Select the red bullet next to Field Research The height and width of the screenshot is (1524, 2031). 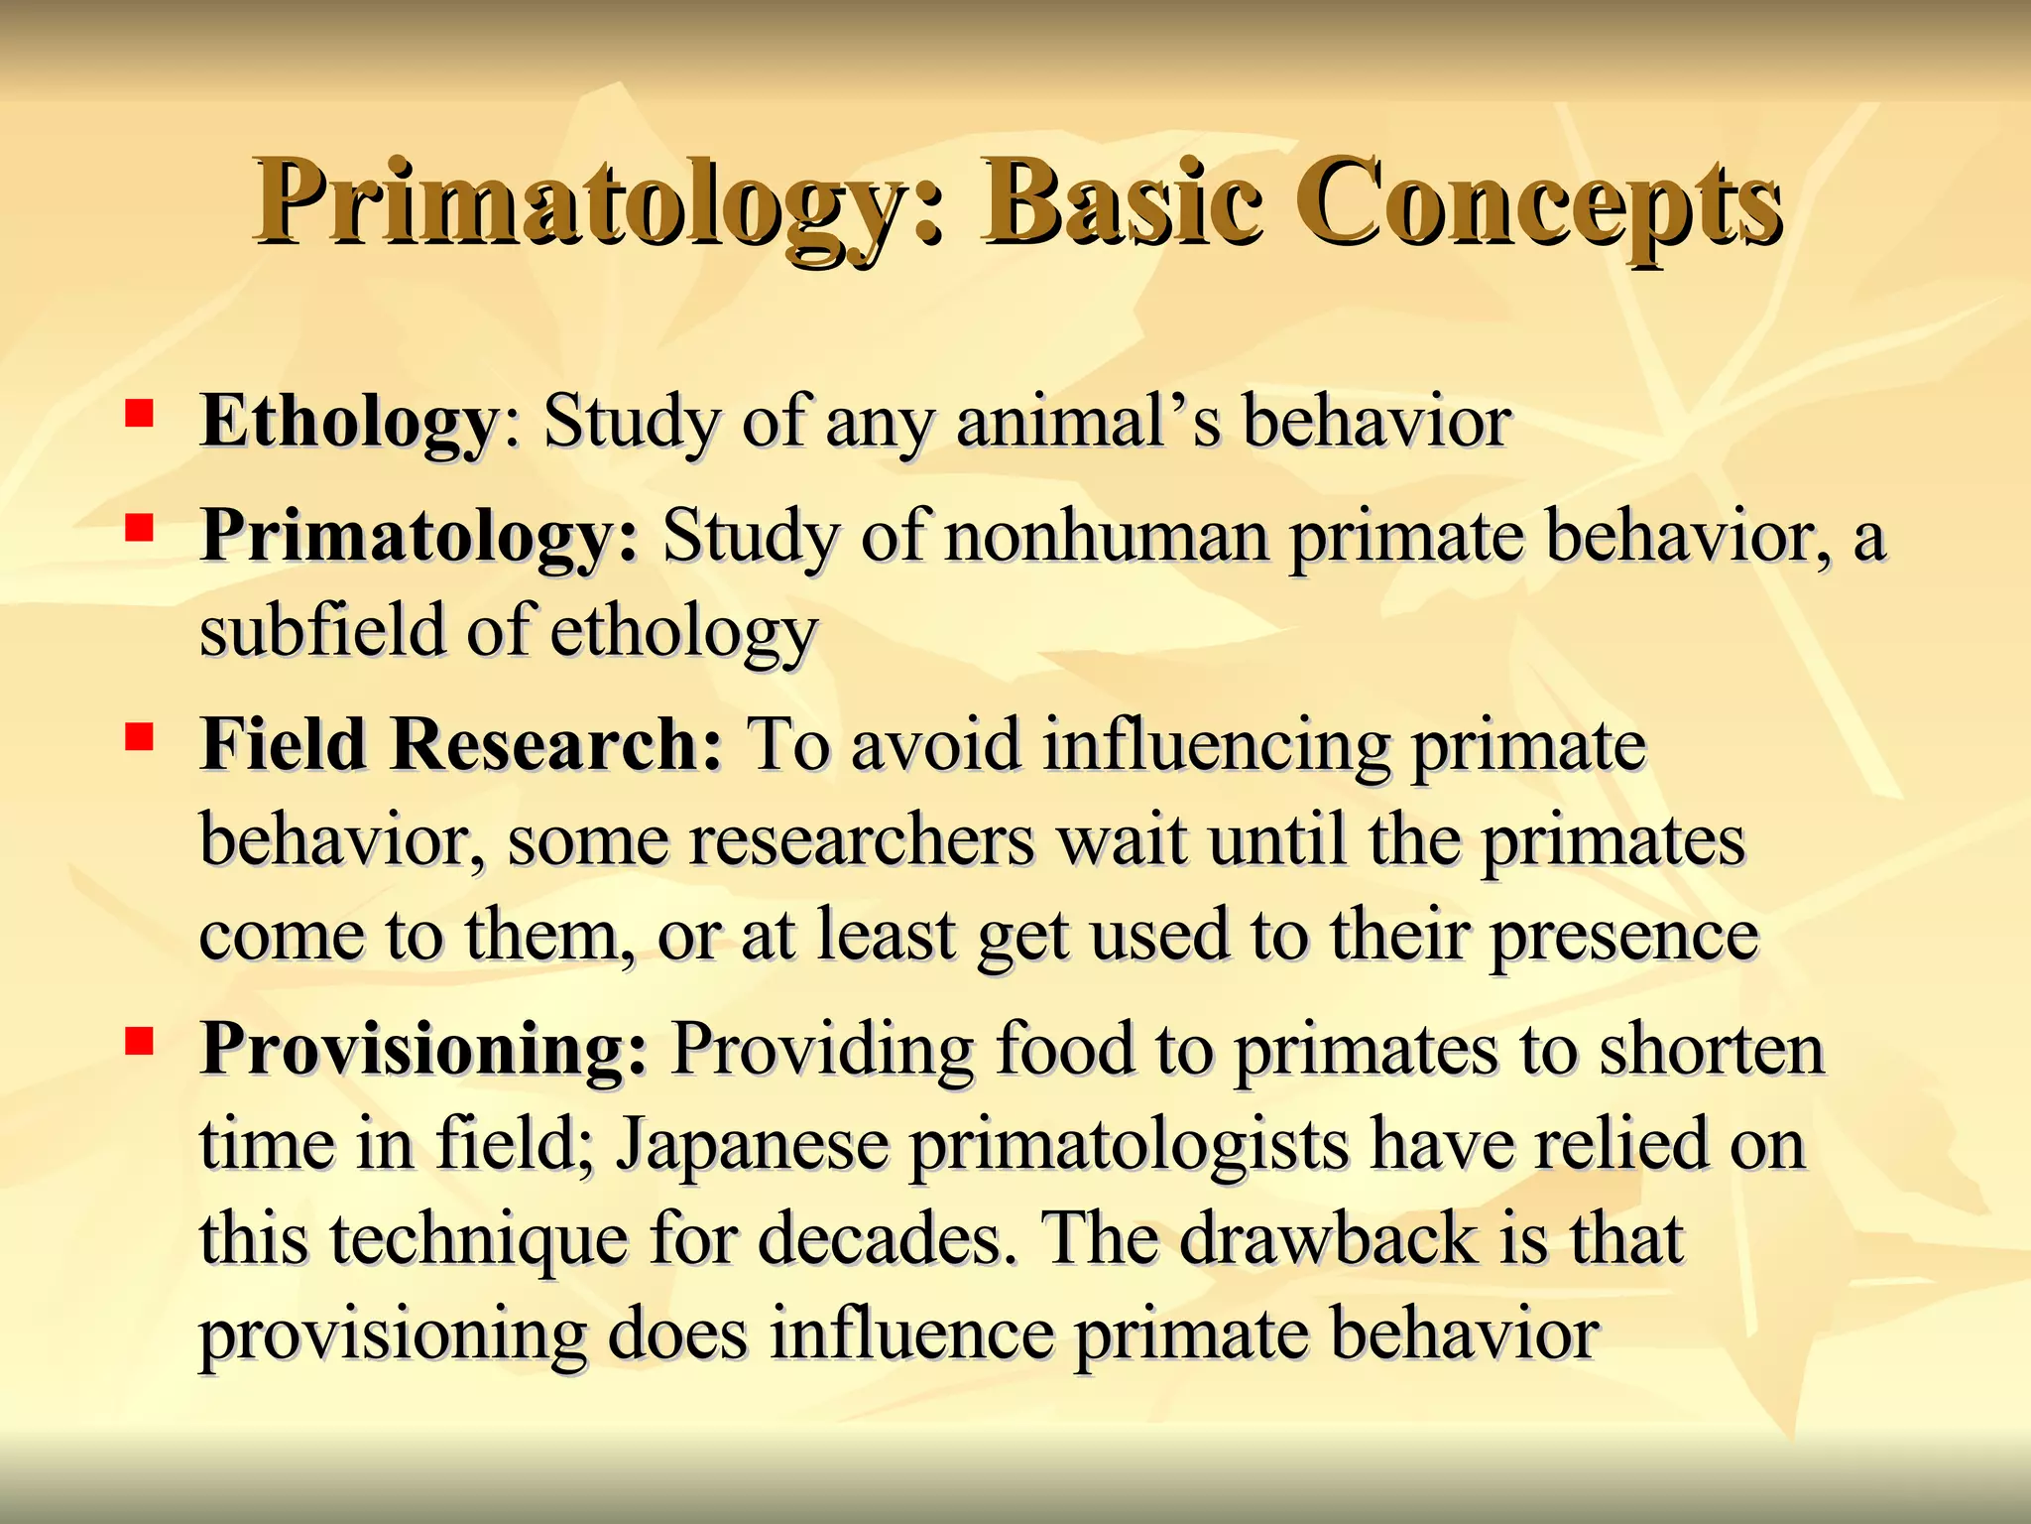[139, 736]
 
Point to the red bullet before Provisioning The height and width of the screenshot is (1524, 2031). [139, 1041]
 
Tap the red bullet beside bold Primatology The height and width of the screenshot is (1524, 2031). [139, 526]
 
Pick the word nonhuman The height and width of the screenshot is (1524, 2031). [1107, 537]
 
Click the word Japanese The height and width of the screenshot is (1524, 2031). [753, 1145]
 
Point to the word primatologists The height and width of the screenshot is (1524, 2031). [1131, 1145]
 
